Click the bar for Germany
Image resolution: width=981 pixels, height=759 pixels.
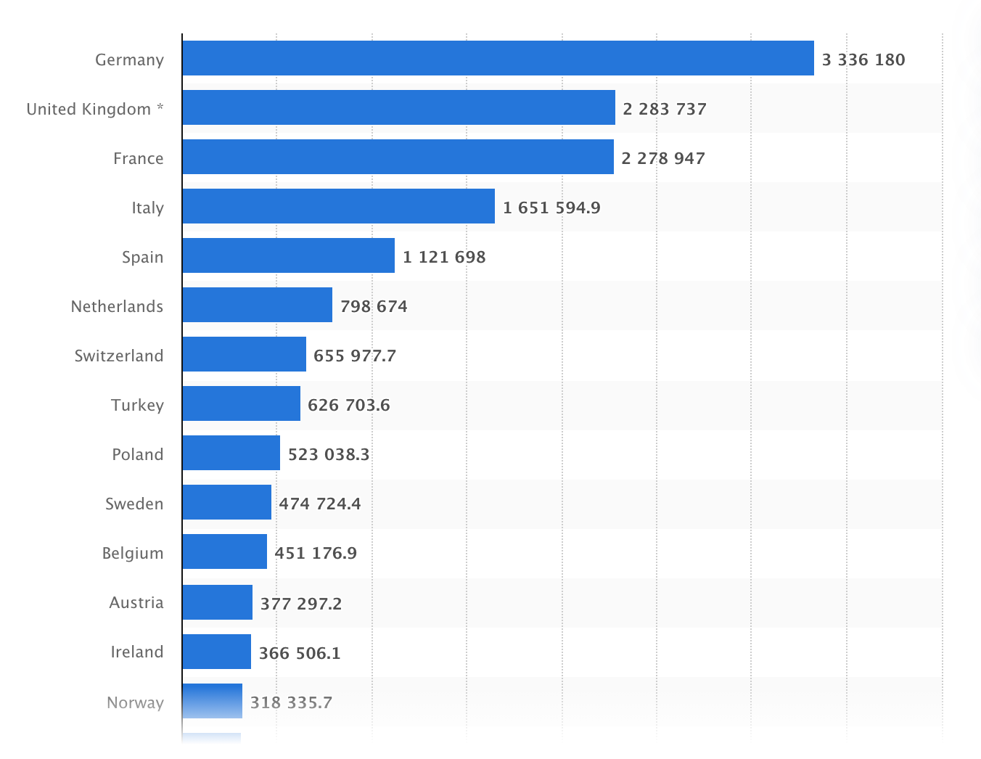point(498,58)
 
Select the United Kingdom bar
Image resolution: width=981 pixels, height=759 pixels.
point(398,107)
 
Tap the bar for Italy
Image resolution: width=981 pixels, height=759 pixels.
point(338,206)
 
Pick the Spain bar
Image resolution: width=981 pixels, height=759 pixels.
point(288,255)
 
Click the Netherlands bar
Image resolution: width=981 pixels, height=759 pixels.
point(257,305)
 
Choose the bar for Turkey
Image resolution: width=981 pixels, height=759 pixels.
point(241,403)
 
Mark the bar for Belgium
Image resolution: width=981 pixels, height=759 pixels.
point(224,551)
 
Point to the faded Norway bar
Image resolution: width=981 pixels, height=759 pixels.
point(212,701)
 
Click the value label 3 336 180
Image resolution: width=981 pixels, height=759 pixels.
point(863,60)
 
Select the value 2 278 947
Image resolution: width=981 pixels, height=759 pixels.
point(663,158)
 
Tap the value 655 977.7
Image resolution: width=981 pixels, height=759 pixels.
point(355,356)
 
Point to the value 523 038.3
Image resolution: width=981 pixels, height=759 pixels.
point(329,454)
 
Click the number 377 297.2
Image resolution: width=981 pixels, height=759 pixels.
point(301,603)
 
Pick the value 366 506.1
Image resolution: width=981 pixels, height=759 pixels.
point(300,652)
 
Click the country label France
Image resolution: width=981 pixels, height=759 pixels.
point(139,158)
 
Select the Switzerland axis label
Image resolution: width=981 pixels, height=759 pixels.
point(119,356)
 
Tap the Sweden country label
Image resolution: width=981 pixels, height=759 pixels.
point(134,504)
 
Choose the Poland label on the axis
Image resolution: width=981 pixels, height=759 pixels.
point(138,454)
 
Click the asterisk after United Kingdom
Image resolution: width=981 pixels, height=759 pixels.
point(160,108)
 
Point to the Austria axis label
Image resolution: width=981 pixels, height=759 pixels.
point(136,602)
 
